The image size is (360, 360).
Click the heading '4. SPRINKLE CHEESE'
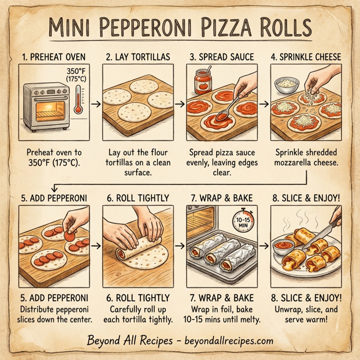coord(305,57)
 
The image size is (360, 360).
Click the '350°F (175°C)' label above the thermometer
coord(77,75)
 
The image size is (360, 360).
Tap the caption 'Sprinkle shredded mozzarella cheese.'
coord(305,157)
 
